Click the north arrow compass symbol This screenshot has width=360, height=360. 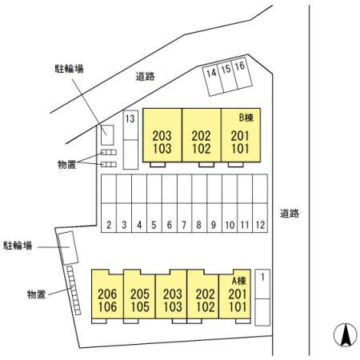tap(346, 335)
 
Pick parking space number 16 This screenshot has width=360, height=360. tap(242, 74)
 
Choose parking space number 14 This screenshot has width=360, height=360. tap(213, 80)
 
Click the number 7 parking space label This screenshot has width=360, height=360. tap(184, 225)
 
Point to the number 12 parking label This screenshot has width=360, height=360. tap(260, 225)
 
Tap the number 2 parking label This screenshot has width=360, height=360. tap(109, 225)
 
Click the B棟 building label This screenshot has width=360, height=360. tap(246, 118)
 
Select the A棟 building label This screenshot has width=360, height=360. tap(238, 281)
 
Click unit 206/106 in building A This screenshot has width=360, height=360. tap(107, 294)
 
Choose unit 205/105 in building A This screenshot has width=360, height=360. tap(139, 294)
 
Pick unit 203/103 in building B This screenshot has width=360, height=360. tap(162, 135)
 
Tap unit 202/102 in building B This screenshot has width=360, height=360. tap(202, 135)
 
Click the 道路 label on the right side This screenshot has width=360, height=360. tap(290, 214)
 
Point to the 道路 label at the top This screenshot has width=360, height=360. tap(146, 77)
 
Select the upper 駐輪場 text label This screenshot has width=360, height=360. tap(69, 69)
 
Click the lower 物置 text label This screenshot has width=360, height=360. tap(37, 294)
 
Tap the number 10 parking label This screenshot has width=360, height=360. tap(230, 225)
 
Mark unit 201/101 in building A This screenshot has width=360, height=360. tap(234, 294)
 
